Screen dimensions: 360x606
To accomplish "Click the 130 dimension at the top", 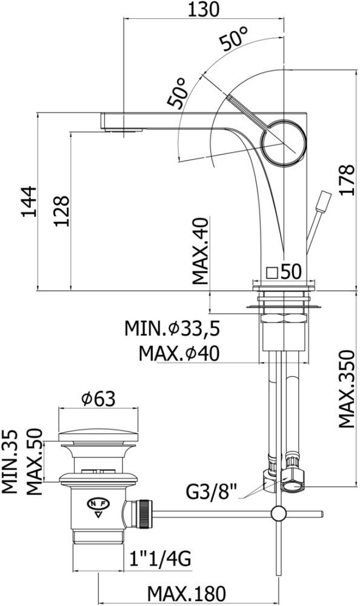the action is tap(204, 9).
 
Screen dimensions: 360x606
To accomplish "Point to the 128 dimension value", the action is tap(61, 211).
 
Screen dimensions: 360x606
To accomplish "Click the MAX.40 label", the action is tap(201, 250).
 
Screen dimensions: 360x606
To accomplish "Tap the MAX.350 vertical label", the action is tap(347, 388).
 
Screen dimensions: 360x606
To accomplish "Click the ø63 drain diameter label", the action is tap(98, 399).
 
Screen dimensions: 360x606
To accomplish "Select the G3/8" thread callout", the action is tap(211, 491).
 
